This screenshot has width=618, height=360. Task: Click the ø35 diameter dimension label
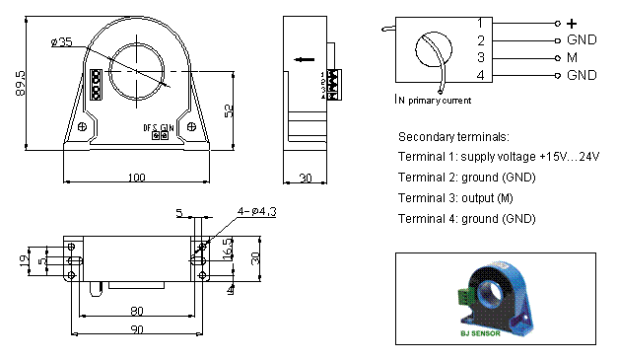60,42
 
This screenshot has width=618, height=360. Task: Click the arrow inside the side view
304,58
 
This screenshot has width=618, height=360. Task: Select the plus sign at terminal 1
571,23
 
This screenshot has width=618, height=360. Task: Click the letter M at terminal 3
572,58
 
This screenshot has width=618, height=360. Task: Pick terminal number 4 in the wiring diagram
480,75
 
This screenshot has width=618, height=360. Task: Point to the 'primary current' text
440,100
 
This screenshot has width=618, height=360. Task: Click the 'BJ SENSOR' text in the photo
480,333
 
